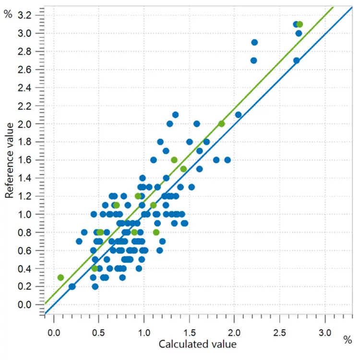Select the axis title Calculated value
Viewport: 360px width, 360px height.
point(197,344)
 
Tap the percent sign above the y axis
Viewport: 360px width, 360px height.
point(7,14)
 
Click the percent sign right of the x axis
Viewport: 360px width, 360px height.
point(348,340)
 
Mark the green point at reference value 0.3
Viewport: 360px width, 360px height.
point(60,277)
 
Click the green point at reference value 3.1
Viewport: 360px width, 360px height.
point(300,24)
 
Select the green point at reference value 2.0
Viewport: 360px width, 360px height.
point(221,123)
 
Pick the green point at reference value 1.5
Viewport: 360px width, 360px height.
point(183,169)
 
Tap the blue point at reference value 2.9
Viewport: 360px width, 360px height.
point(254,42)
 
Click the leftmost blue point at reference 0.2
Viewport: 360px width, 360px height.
point(72,287)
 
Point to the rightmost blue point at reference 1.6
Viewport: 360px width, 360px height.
point(228,160)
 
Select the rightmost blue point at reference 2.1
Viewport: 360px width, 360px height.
point(238,115)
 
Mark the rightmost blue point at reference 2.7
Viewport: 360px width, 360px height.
point(296,60)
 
